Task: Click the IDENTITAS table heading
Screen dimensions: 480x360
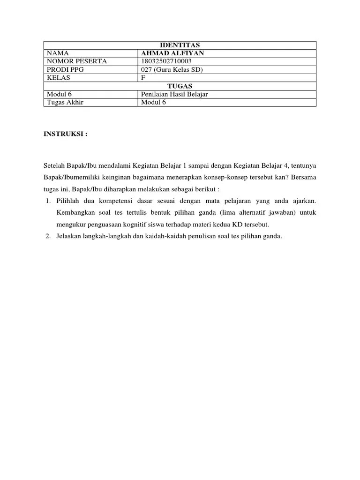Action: [180, 45]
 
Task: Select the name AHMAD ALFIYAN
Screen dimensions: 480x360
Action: [172, 53]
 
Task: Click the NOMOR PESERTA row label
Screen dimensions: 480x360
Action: [77, 61]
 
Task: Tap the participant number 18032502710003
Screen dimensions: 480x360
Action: [166, 61]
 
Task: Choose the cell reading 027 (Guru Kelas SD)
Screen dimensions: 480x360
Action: [172, 70]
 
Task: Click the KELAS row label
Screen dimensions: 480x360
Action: [59, 78]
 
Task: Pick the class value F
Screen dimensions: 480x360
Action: [143, 78]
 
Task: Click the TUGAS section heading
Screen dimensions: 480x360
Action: [180, 86]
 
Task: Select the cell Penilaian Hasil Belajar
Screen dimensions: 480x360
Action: [174, 94]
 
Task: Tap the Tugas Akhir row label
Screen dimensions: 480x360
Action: [65, 102]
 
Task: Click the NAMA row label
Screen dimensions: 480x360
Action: [58, 53]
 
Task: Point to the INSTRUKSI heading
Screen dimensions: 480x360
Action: [65, 134]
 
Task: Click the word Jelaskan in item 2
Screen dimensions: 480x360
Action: [69, 236]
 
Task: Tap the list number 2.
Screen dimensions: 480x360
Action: [48, 236]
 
